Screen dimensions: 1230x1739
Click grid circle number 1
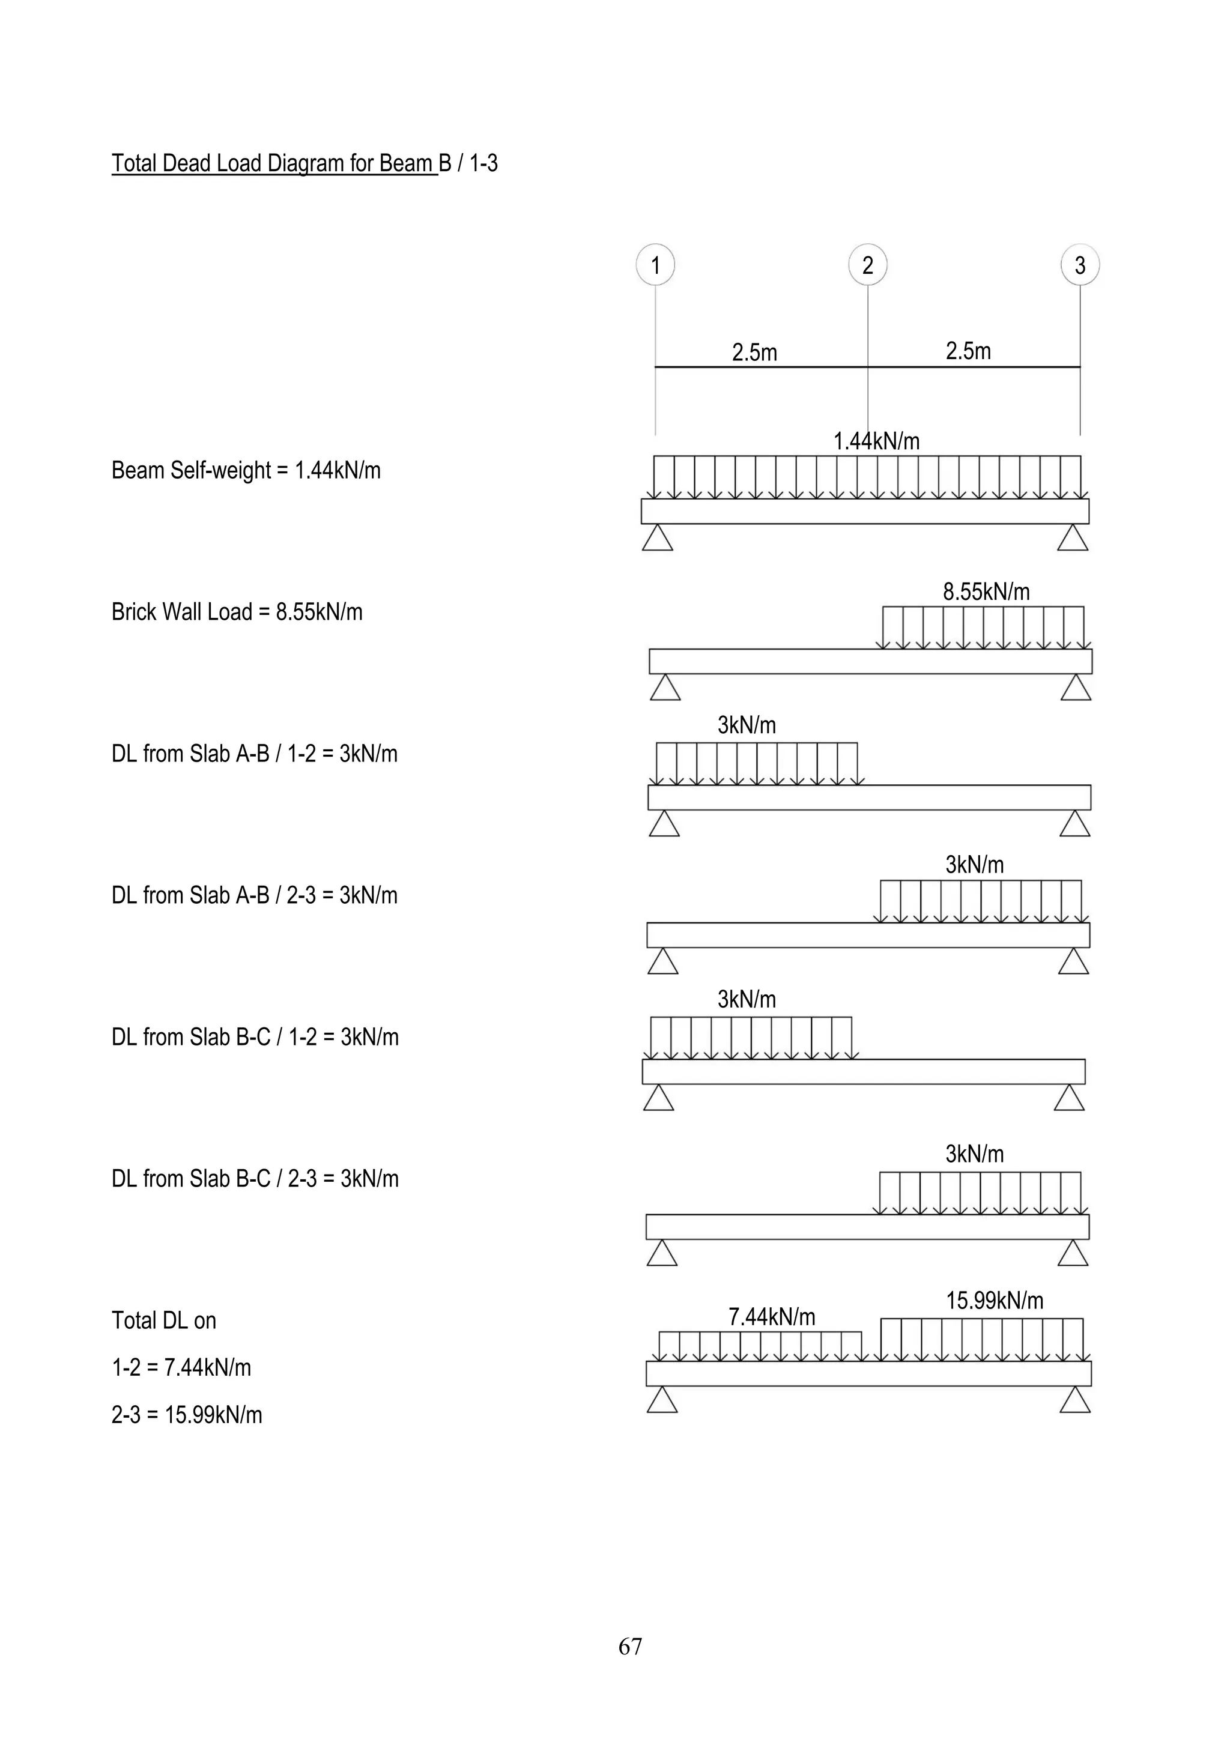tap(655, 264)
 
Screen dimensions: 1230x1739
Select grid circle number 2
tap(867, 264)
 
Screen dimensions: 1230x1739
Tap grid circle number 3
tap(1080, 264)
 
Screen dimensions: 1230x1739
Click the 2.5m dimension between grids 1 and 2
tap(754, 352)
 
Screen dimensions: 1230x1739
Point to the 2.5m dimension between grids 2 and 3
tap(968, 351)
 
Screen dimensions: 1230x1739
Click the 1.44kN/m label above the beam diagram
tap(876, 441)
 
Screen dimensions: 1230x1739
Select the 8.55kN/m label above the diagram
tap(986, 591)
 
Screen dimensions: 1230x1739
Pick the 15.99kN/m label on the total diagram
tap(995, 1301)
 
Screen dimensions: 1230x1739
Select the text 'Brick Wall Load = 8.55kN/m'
tap(237, 612)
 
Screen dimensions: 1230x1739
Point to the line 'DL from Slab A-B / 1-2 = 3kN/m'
tap(255, 754)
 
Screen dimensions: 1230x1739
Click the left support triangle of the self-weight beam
tap(658, 538)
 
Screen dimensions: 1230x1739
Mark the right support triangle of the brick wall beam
tap(1076, 688)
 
